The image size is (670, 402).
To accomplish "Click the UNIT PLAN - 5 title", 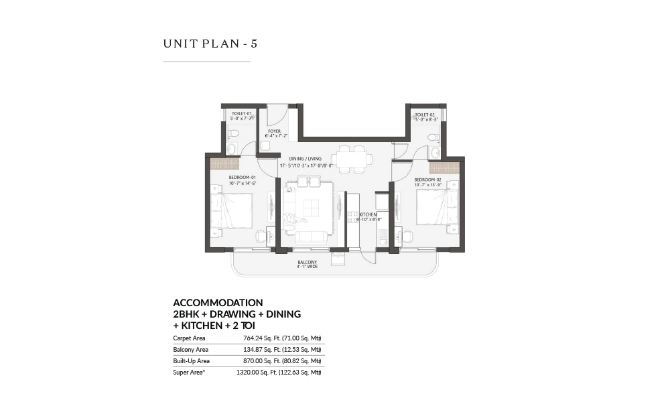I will [210, 44].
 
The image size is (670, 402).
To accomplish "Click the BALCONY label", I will [308, 263].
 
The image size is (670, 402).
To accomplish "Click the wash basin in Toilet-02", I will [435, 153].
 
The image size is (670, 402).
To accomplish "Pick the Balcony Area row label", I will [190, 350].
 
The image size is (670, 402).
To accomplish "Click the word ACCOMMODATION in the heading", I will [218, 303].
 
